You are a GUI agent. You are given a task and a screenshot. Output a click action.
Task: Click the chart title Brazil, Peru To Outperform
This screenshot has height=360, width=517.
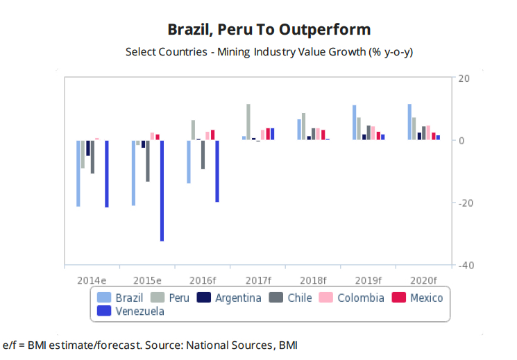269,29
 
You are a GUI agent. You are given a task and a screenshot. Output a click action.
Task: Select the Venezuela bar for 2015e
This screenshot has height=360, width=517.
162,191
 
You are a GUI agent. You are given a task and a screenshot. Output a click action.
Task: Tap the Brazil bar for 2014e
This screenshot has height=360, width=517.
78,173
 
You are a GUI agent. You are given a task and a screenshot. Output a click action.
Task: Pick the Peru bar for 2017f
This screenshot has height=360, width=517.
248,122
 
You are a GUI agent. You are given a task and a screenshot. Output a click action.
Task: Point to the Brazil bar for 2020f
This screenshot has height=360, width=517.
409,122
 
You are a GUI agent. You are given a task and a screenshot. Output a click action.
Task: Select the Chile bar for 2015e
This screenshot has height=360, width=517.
148,161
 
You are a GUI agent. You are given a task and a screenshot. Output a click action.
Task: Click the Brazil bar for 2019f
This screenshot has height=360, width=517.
354,123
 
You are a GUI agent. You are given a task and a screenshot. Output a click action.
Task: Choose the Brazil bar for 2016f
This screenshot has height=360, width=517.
189,162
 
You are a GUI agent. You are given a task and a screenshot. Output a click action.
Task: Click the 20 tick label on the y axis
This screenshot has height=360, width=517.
464,78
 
